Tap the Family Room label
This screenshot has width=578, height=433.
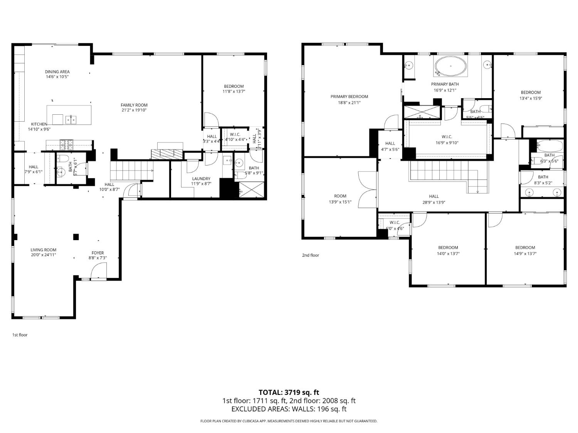[x=134, y=105]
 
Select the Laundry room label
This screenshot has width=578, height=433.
[x=201, y=179]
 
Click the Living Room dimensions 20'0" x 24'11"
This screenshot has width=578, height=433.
[x=44, y=255]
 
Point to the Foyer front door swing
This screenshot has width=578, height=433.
[x=98, y=272]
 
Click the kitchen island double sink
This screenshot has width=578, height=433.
[x=71, y=120]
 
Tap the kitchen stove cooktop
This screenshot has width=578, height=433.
[x=69, y=145]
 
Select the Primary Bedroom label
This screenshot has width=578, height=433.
[x=349, y=97]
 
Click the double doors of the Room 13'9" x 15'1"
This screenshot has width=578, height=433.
[x=367, y=190]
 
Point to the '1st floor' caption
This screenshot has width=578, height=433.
[x=20, y=335]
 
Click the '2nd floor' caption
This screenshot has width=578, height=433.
[x=310, y=255]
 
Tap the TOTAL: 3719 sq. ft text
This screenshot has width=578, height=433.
[x=289, y=393]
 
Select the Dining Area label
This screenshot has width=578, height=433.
[x=57, y=72]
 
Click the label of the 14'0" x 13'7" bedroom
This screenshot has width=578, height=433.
[x=448, y=247]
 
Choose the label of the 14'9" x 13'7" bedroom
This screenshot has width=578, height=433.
[x=525, y=247]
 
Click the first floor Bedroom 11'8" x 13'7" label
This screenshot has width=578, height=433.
[x=234, y=86]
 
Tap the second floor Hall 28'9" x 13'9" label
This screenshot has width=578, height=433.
[x=434, y=196]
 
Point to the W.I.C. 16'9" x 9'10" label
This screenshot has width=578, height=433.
[x=447, y=137]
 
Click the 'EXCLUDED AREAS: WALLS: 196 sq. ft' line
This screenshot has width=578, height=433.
[x=289, y=409]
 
